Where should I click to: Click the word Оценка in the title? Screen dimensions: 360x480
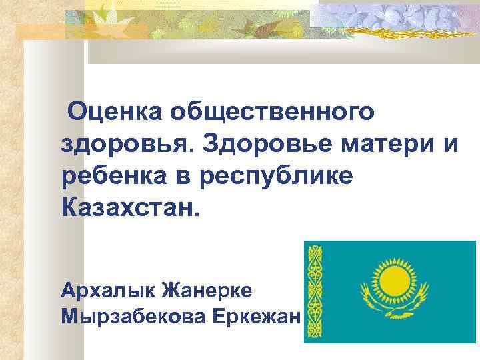click(111, 112)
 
